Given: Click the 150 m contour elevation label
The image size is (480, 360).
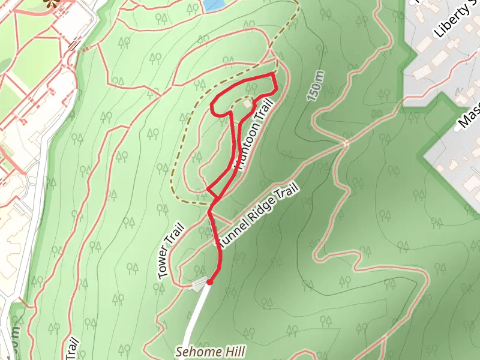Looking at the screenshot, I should coord(318,85).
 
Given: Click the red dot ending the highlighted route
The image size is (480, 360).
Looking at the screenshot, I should coord(209,281).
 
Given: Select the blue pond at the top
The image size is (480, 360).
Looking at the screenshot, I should coord(213,5).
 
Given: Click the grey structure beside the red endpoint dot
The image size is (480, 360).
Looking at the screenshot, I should coord(197,286).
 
